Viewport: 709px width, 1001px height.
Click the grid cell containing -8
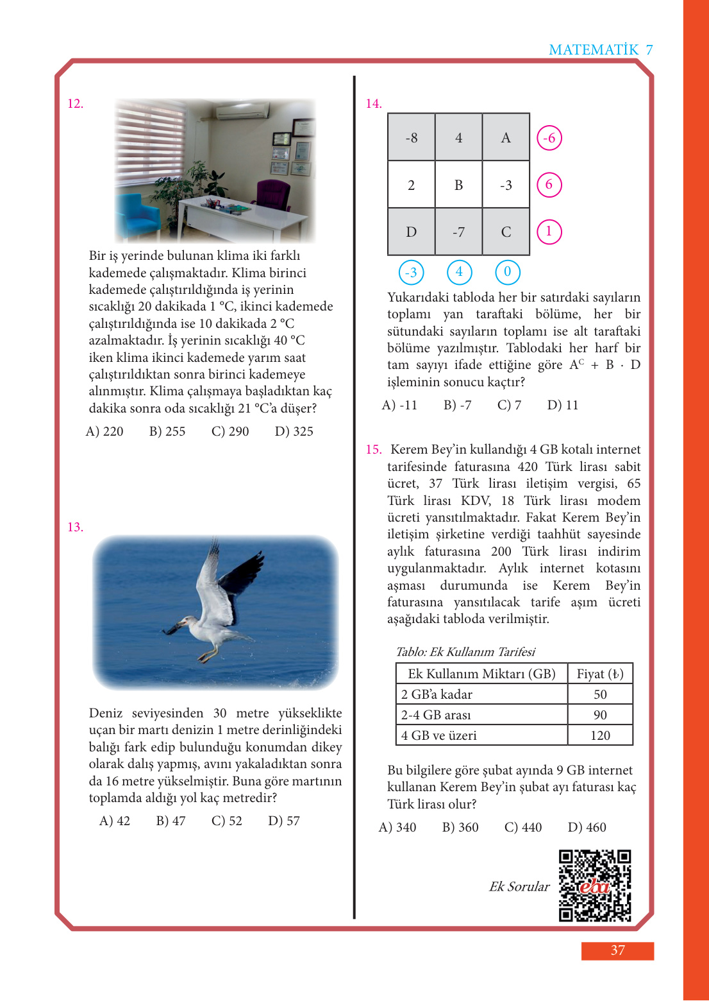[412, 137]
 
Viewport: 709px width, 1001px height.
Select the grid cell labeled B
[458, 185]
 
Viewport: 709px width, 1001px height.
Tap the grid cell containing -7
[458, 232]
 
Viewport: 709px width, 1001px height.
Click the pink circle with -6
[549, 138]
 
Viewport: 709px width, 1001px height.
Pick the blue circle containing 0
[507, 272]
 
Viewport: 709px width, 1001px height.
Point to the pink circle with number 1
[549, 232]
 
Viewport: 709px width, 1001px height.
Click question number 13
[75, 527]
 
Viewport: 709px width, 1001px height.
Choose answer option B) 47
[171, 821]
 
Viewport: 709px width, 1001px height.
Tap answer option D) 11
[563, 405]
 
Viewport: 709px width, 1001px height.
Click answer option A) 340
[397, 827]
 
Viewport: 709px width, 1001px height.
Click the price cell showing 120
[600, 735]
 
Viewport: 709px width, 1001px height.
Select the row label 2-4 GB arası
[436, 715]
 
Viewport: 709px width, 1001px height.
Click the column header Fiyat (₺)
[600, 674]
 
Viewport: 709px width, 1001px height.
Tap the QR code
[595, 886]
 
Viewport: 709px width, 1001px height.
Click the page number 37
[617, 950]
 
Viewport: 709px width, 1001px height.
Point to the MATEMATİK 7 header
[601, 50]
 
